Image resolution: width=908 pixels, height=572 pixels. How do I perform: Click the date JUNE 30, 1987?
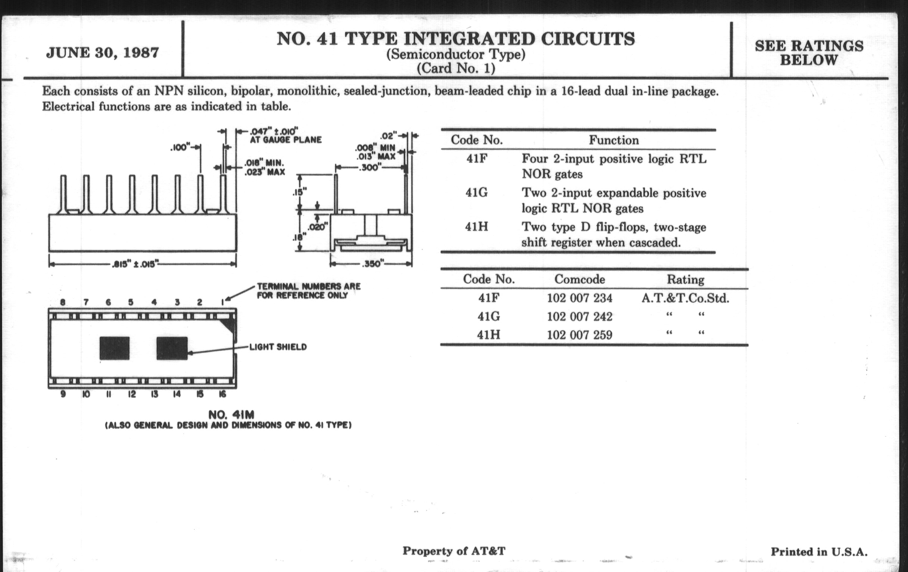(x=102, y=53)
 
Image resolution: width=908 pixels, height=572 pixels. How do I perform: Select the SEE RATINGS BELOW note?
(x=808, y=53)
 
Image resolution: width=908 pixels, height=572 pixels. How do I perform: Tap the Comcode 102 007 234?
(x=579, y=298)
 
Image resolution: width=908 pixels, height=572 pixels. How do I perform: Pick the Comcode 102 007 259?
(x=579, y=335)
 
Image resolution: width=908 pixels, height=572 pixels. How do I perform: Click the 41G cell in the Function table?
(x=476, y=193)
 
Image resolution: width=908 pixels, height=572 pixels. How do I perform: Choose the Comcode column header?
(x=579, y=279)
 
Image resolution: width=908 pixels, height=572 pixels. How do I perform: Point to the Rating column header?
(x=685, y=280)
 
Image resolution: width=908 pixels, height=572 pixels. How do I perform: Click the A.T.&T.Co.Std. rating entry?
(x=685, y=298)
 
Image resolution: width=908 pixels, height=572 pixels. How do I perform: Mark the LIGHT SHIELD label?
(x=278, y=347)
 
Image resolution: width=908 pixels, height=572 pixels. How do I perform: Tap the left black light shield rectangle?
(x=114, y=348)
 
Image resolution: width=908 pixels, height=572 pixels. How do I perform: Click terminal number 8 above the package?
(x=63, y=302)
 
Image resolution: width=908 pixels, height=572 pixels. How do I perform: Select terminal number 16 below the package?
(x=223, y=394)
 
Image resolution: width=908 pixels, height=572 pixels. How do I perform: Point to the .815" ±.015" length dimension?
(x=134, y=264)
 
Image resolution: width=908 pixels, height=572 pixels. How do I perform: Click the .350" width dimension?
(x=372, y=264)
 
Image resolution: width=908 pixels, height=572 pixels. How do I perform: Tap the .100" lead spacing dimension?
(x=180, y=147)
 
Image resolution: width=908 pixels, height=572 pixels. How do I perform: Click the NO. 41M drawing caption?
(x=231, y=415)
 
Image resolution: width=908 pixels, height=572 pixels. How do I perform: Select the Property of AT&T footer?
(x=454, y=551)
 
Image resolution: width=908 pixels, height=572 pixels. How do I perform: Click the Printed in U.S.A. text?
(x=819, y=551)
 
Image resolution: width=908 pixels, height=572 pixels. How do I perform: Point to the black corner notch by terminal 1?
(x=228, y=325)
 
